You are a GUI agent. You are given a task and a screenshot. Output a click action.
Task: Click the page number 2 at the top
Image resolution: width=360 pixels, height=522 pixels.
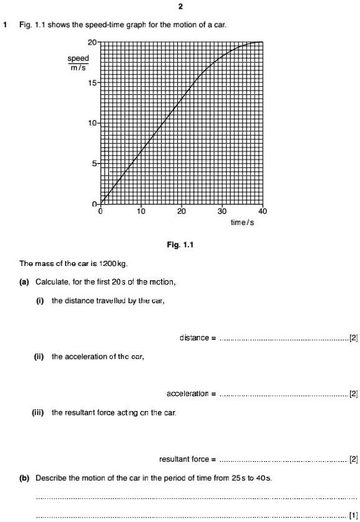coord(180,7)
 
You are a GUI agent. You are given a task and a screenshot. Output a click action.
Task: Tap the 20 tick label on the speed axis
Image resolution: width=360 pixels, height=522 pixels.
coord(92,42)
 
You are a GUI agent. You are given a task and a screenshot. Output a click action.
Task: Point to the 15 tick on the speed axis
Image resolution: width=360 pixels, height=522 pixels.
coord(92,82)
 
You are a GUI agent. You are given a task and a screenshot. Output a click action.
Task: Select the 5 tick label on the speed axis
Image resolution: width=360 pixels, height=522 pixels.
coord(94,164)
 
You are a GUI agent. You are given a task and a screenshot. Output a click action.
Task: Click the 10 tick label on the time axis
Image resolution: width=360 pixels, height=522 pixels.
coord(141,211)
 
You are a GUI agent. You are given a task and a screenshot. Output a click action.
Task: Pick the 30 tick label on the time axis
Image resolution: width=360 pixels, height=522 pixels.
coord(222,211)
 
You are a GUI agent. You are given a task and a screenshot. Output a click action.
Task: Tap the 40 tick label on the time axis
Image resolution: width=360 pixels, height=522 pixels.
coord(262,211)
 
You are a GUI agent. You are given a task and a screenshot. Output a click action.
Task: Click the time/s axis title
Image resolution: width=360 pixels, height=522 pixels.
coord(242,222)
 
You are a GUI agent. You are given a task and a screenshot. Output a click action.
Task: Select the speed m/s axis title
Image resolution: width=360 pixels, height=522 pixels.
coord(78,63)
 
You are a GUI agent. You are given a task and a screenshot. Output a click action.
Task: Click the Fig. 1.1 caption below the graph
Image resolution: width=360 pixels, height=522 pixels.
coord(180,245)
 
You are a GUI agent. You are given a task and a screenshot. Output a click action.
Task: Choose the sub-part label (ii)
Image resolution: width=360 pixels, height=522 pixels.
coord(39,356)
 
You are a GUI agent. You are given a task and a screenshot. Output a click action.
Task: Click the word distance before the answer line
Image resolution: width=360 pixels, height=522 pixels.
coord(195,338)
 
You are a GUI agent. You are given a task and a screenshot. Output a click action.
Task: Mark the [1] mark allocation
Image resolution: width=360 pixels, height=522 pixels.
coord(353,515)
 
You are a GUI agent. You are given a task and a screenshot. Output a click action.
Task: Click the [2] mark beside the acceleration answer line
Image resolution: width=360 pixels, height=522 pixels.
coord(353,394)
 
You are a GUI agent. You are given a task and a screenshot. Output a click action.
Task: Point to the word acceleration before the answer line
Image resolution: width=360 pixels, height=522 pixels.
coord(188,394)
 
